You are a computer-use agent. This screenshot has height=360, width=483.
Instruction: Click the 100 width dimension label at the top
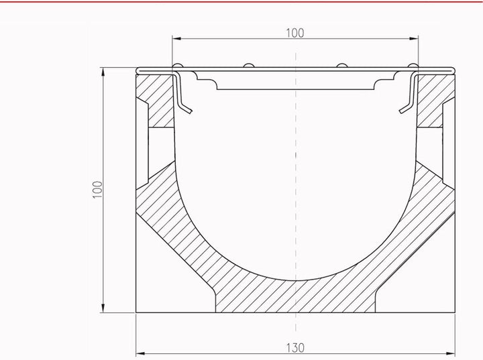[x=295, y=33]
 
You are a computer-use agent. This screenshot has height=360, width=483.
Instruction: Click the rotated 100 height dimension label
[x=98, y=190]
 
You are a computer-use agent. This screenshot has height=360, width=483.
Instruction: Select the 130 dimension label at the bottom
[x=295, y=348]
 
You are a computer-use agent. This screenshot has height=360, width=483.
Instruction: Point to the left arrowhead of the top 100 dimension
[x=176, y=38]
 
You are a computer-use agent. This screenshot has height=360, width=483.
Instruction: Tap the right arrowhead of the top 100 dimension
[x=414, y=38]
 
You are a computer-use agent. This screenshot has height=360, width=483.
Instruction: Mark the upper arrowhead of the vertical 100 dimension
[x=103, y=72]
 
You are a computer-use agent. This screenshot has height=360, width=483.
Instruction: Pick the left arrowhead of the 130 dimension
[x=140, y=353]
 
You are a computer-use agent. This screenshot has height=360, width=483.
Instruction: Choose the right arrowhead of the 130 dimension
[x=451, y=353]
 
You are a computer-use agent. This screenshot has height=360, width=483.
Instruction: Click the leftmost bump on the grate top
[x=177, y=66]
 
